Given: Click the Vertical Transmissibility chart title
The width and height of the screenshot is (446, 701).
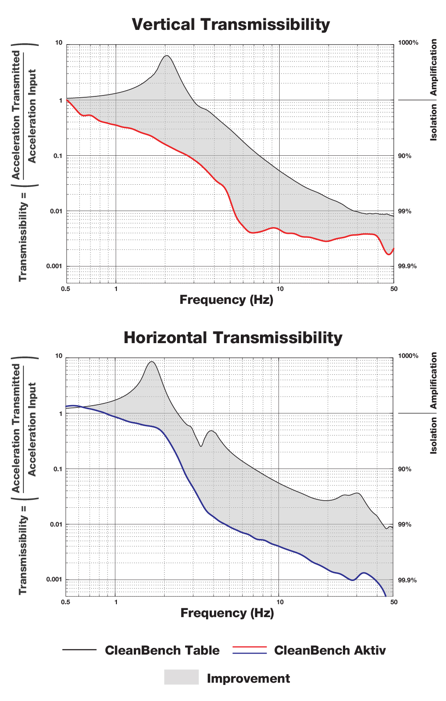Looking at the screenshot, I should [x=231, y=24].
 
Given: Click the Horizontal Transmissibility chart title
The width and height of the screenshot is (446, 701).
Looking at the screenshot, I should [x=233, y=337].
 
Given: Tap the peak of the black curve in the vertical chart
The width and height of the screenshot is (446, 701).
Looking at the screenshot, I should [x=166, y=56].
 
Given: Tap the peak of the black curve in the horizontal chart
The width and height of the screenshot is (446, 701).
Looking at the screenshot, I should [x=152, y=362].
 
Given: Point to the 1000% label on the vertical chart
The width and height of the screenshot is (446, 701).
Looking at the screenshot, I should [x=408, y=43].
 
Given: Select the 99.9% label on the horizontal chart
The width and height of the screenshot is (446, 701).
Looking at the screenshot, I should [x=407, y=580].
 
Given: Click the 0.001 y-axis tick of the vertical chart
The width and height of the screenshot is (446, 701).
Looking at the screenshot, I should [x=54, y=266].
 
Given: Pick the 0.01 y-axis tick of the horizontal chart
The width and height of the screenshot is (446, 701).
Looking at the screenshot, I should [x=56, y=524].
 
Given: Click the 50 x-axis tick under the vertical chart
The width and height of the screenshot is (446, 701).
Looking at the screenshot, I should [x=394, y=289].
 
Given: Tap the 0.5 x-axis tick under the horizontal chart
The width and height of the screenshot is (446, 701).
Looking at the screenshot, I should [x=66, y=602].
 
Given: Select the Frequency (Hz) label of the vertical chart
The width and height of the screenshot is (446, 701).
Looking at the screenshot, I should [x=226, y=300].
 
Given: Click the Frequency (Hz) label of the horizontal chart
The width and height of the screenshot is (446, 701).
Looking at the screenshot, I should [x=227, y=613].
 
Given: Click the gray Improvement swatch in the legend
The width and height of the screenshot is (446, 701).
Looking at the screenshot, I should [x=181, y=677].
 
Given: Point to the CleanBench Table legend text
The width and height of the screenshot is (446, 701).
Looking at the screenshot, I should [x=162, y=651].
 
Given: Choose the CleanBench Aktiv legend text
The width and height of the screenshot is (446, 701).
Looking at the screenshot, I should [x=330, y=651].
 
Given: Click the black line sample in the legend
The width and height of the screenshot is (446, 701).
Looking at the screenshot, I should [x=79, y=650].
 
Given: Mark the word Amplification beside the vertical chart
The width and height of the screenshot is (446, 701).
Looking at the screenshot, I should [x=434, y=67].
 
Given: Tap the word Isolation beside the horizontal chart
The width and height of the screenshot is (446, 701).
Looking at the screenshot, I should [x=434, y=436].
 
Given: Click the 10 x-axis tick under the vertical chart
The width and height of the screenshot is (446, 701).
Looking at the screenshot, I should [x=280, y=289].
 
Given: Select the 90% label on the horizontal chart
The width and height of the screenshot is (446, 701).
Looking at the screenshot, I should [x=405, y=469].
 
